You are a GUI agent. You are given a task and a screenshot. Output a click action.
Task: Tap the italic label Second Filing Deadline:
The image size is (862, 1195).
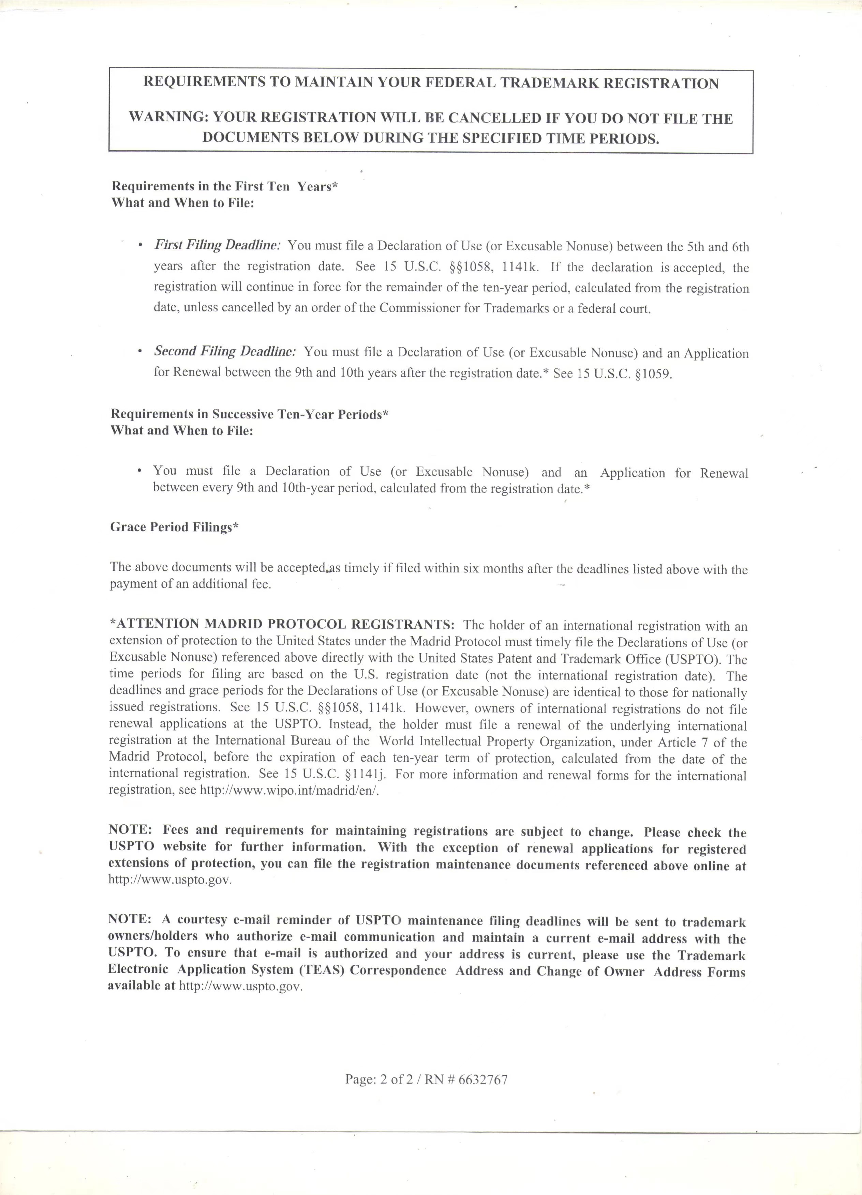click(x=225, y=351)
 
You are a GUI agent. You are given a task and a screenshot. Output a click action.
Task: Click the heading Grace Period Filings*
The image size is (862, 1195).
click(x=174, y=527)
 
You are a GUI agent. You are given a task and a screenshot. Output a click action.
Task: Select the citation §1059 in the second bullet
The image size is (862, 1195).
click(x=653, y=374)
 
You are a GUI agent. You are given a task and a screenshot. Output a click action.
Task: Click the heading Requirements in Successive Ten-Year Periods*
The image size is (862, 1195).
click(x=249, y=414)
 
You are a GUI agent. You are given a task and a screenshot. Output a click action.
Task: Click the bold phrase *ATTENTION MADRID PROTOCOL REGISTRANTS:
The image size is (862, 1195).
click(x=282, y=624)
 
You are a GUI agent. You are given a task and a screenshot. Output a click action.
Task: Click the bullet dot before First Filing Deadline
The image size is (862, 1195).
click(x=140, y=246)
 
